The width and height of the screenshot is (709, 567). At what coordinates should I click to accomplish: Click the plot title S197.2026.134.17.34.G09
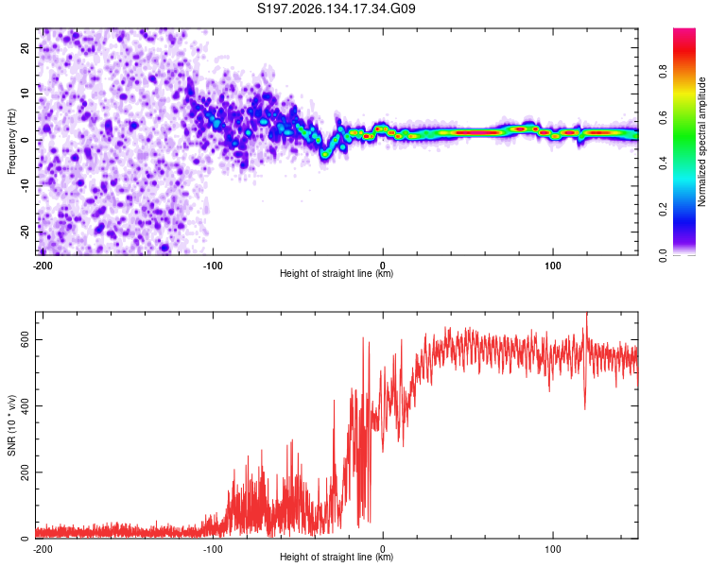tap(336, 9)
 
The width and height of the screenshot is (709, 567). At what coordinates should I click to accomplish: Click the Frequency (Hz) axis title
tap(11, 142)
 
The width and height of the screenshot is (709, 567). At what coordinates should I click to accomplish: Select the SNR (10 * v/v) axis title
tap(11, 425)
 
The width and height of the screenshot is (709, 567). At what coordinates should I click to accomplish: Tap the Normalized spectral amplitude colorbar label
tap(701, 142)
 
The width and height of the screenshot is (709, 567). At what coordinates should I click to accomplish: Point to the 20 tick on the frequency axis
tap(26, 47)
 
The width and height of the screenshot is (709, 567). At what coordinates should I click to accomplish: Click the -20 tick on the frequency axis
tap(26, 232)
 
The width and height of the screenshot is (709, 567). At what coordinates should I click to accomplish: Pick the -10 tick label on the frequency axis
tap(26, 186)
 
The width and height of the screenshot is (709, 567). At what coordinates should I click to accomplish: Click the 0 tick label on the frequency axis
tap(26, 140)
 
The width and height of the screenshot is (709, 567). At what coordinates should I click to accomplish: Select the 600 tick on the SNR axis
tap(26, 339)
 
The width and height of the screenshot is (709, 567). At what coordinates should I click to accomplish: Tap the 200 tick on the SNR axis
tap(26, 472)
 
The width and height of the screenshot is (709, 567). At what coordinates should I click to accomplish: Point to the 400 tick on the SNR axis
tap(26, 405)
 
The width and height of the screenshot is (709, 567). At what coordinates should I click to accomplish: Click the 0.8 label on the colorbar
tap(663, 72)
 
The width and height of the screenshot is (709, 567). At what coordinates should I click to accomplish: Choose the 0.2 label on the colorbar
tap(663, 210)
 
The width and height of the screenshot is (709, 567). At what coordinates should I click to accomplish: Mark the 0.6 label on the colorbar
tap(663, 117)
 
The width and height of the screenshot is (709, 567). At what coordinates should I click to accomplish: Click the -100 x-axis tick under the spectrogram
tap(213, 266)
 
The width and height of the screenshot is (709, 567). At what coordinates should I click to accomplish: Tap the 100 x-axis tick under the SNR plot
tap(553, 549)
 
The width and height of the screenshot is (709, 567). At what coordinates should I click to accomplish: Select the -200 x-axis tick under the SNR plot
tap(43, 549)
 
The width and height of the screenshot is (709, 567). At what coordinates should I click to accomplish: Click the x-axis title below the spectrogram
tap(337, 273)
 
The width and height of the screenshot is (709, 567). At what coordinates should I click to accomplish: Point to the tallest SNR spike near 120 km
tap(587, 313)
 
